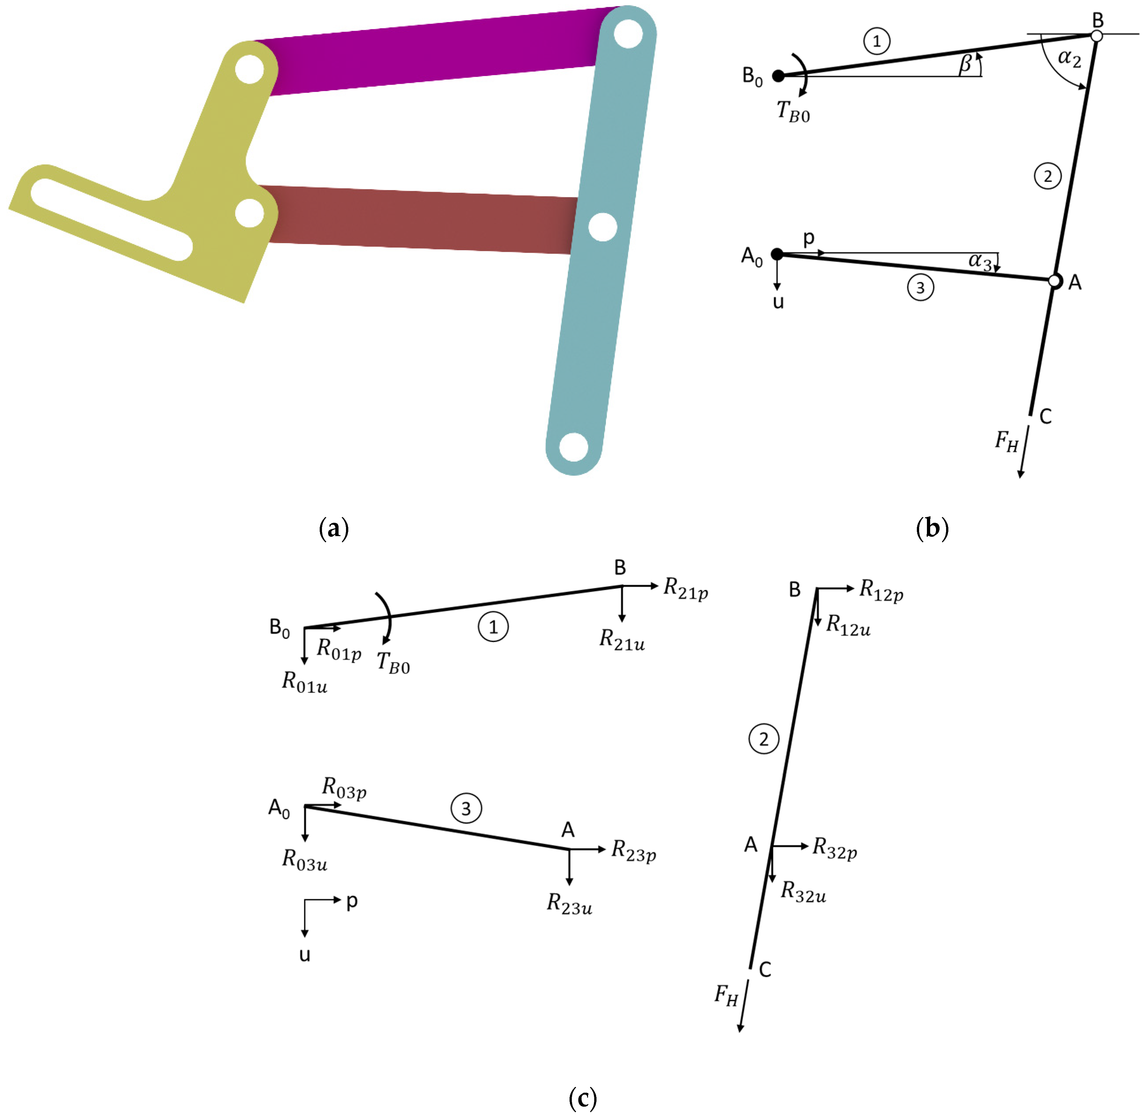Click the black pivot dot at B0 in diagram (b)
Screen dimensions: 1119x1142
point(777,76)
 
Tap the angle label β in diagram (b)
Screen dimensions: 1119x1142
point(965,63)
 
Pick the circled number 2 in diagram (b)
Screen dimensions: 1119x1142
point(1047,176)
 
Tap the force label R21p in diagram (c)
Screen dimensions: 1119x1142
point(685,588)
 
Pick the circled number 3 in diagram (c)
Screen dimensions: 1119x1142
point(466,809)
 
